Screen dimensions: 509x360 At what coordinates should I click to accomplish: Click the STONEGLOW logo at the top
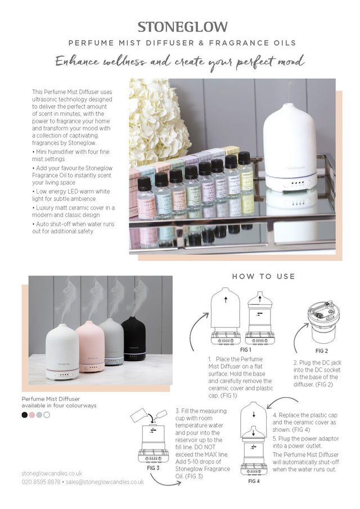point(183,26)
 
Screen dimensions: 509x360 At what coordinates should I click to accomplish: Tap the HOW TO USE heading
point(263,276)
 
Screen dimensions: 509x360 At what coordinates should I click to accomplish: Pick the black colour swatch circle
point(25,415)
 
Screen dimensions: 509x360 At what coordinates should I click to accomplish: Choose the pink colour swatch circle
point(32,415)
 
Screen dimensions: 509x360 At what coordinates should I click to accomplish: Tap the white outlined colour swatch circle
point(47,415)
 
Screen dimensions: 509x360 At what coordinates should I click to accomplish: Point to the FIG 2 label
point(322,350)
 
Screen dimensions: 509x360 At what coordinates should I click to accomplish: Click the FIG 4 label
point(254,481)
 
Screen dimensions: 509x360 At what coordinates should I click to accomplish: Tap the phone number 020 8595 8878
point(41,482)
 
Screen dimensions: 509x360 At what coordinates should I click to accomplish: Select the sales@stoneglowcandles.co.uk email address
point(105,482)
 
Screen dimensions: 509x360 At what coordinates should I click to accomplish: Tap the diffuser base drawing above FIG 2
point(322,321)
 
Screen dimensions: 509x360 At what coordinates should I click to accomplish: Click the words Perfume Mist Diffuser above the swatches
point(51,398)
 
